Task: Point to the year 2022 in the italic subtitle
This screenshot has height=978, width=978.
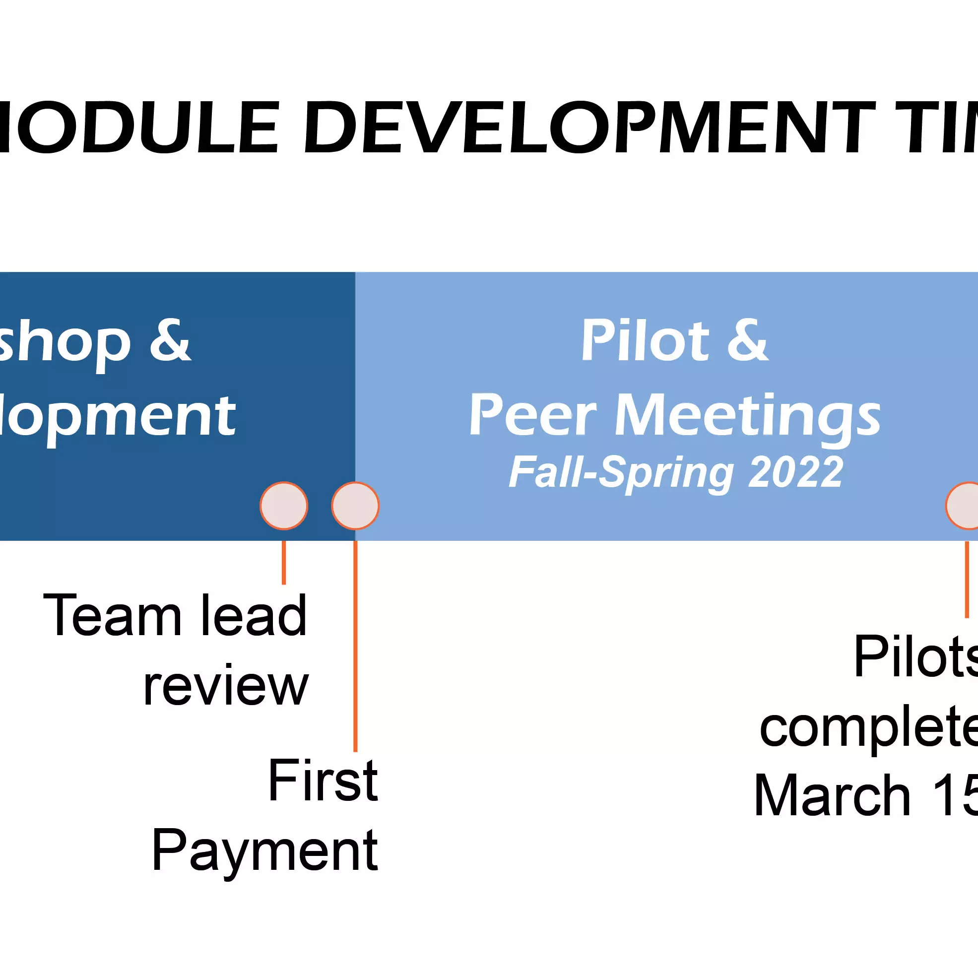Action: point(795,472)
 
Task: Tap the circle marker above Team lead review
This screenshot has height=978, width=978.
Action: point(284,506)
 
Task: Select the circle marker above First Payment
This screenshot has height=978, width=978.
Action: point(355,506)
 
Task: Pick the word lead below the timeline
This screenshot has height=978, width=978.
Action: point(254,615)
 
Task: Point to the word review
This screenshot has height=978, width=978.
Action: point(226,686)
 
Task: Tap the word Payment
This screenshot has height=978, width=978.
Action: point(265,852)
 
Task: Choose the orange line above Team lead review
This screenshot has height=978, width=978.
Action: point(284,562)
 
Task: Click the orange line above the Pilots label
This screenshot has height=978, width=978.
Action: point(967,579)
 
